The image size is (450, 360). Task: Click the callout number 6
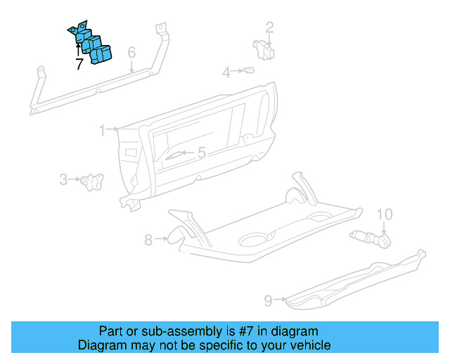[x=131, y=53]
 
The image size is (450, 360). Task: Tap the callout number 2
[x=269, y=27]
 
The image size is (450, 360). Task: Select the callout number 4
[x=226, y=72]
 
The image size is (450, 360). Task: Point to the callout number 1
[x=103, y=130]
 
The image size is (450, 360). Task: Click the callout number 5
[x=201, y=153]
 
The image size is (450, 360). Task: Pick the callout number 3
[x=63, y=180]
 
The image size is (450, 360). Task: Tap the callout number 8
[x=148, y=240]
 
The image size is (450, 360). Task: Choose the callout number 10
[x=384, y=214]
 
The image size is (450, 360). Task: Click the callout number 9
[x=268, y=301]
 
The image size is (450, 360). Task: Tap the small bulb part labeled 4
[x=248, y=70]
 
